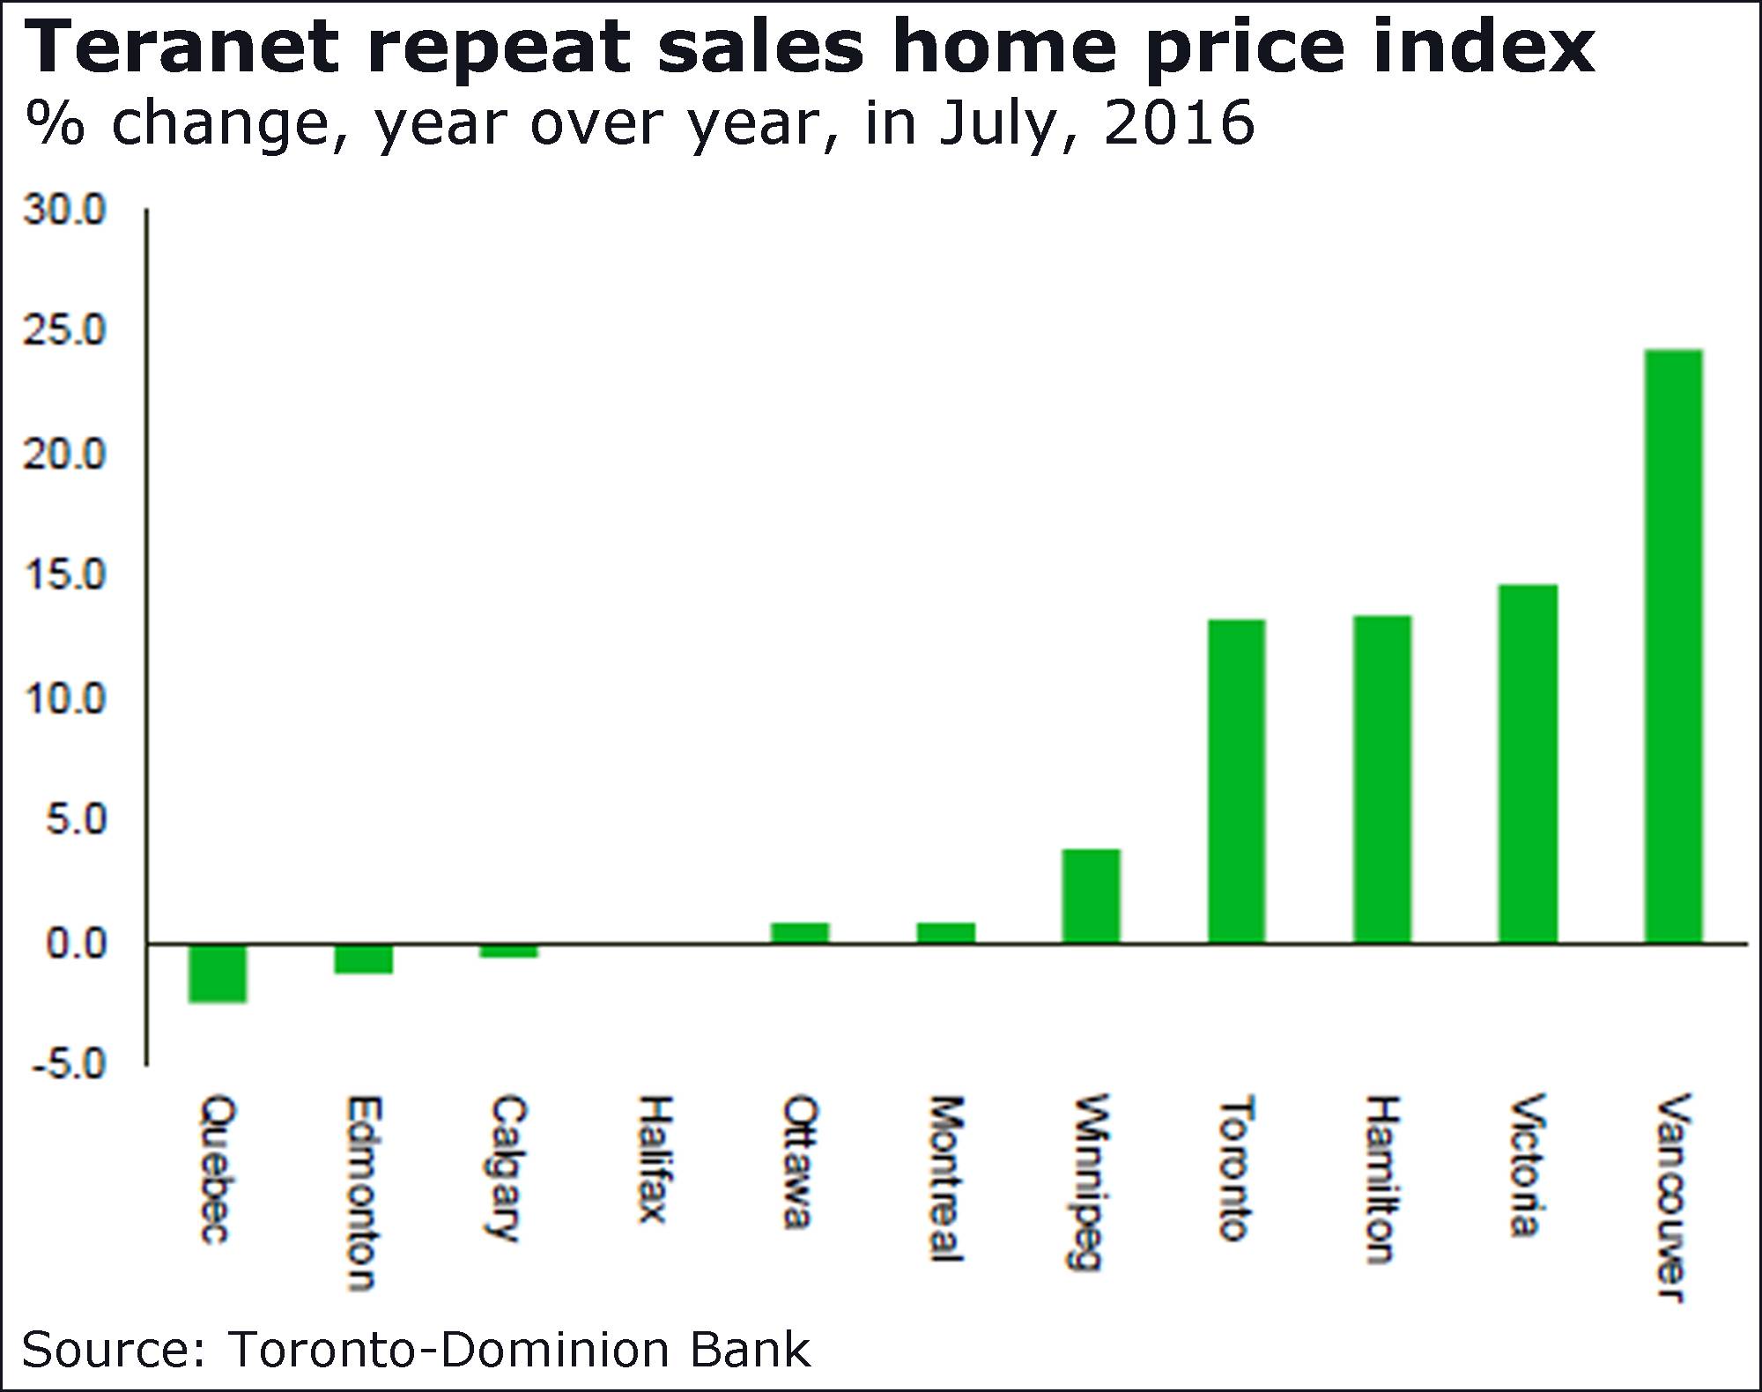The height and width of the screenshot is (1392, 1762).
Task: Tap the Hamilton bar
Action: click(1382, 779)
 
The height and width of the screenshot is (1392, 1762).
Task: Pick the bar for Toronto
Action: click(1236, 781)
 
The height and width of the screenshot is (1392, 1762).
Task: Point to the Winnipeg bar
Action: click(1091, 895)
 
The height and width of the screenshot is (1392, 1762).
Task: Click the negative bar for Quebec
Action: click(218, 974)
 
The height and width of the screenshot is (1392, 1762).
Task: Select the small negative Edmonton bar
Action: click(363, 959)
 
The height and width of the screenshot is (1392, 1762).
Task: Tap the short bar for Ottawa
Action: click(799, 932)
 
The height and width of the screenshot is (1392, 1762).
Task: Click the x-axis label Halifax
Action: click(654, 1159)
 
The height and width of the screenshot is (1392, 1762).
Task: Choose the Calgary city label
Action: click(507, 1167)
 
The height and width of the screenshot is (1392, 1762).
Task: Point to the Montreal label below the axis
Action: click(945, 1178)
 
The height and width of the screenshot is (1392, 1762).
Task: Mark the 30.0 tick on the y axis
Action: click(64, 211)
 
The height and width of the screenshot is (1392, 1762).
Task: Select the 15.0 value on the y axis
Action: click(64, 576)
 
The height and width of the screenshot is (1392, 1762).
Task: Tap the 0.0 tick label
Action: click(76, 944)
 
